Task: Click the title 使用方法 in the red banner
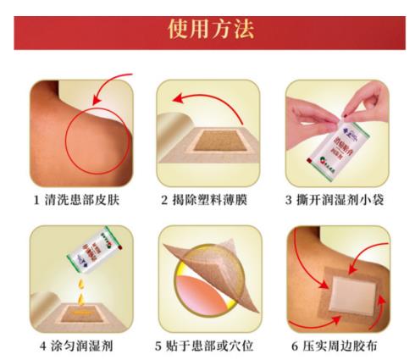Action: [207, 28]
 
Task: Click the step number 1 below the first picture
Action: [36, 201]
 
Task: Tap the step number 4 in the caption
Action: [36, 346]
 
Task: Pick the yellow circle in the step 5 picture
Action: [202, 292]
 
